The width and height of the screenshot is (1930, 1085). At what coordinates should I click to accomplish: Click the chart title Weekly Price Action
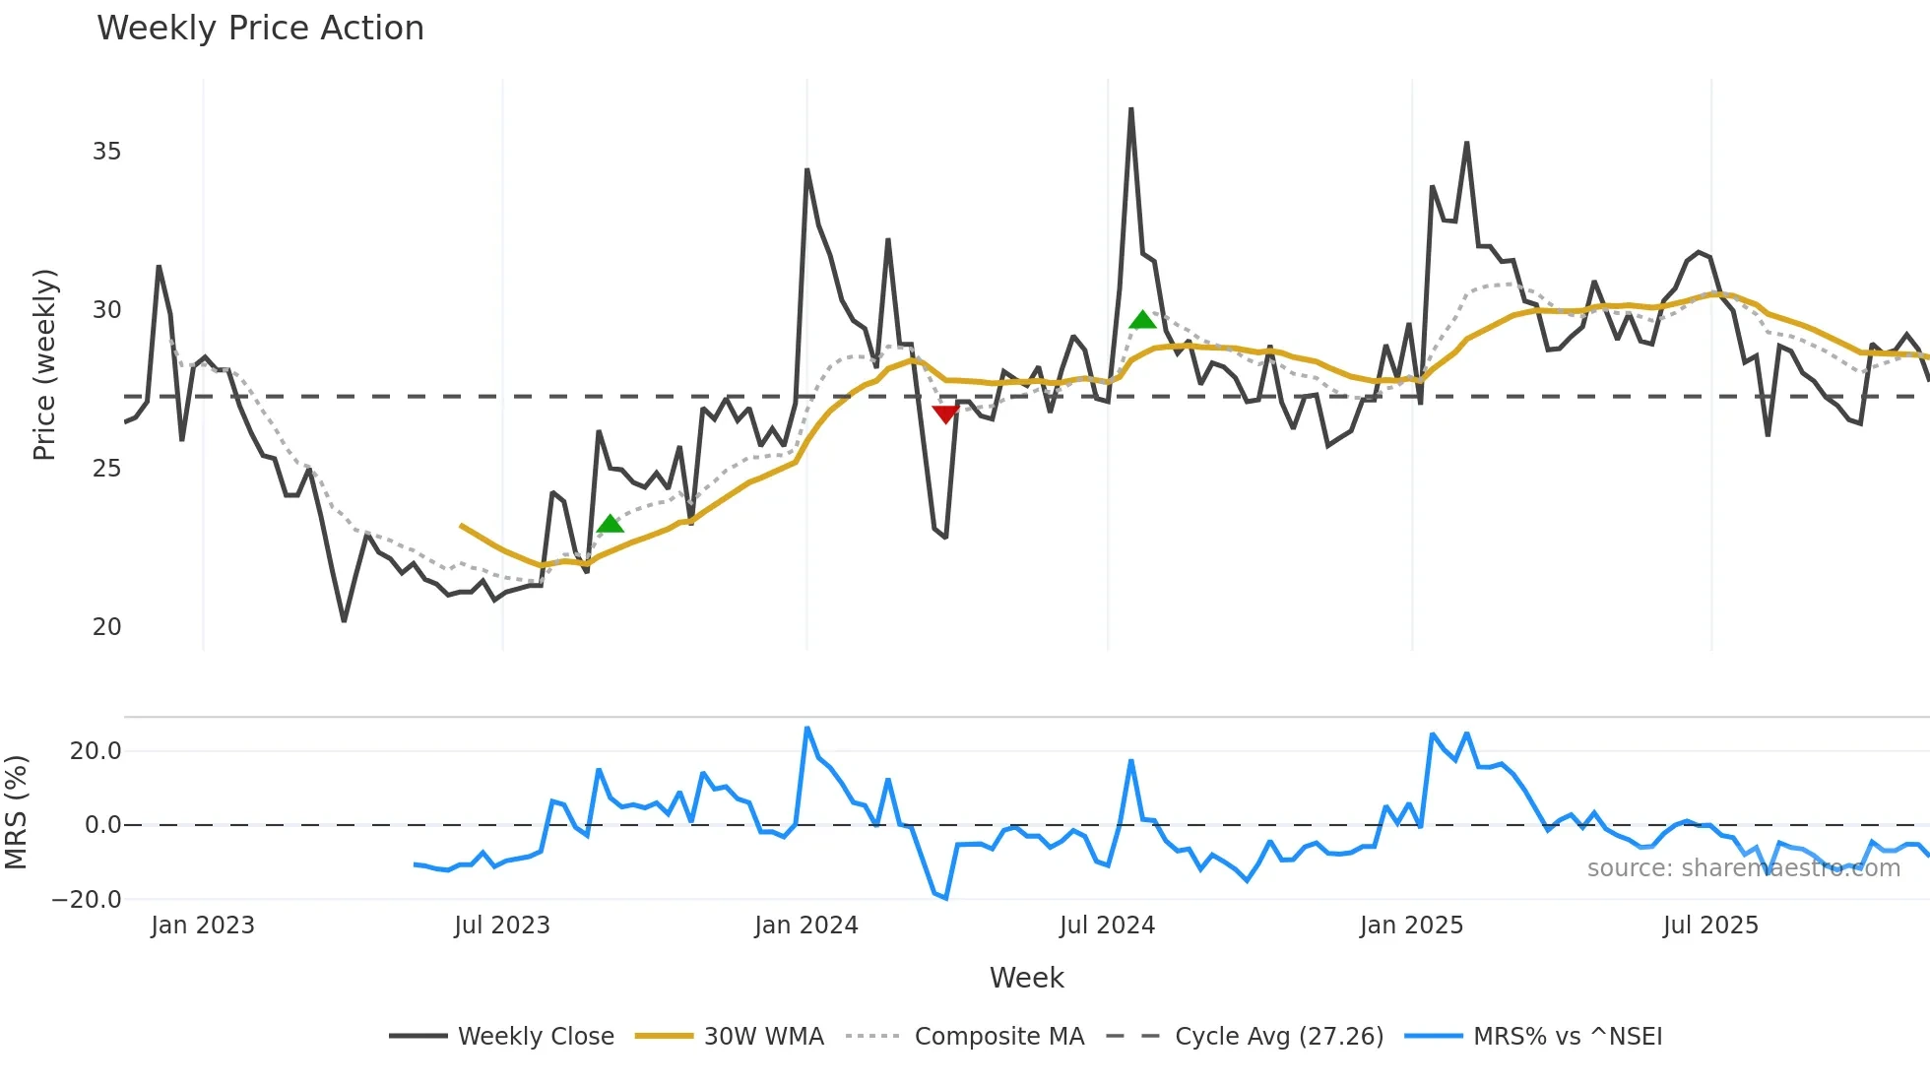[260, 29]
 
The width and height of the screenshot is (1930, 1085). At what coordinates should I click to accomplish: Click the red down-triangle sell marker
[945, 414]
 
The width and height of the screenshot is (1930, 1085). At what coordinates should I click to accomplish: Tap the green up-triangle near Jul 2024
[1142, 319]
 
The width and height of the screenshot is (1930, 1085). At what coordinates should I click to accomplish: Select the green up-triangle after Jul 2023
[610, 523]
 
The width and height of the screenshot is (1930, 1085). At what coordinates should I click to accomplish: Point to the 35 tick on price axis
[106, 152]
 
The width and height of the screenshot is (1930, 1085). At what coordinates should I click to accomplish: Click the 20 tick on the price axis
[106, 627]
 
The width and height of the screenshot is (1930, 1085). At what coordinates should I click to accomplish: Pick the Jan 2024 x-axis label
[805, 925]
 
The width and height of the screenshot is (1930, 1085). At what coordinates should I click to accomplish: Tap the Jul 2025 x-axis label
[1709, 925]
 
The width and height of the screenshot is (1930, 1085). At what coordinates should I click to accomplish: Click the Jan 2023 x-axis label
[202, 925]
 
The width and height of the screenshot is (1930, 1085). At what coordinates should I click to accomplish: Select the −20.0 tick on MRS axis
[87, 900]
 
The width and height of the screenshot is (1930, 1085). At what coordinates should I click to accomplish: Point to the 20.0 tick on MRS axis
[95, 751]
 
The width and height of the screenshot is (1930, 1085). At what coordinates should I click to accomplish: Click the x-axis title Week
[1026, 978]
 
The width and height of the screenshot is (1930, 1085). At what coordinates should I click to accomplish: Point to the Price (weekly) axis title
[44, 364]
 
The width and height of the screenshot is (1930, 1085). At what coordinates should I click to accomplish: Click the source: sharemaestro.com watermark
[1743, 868]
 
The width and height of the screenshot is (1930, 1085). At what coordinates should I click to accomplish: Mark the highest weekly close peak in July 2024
[1130, 109]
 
